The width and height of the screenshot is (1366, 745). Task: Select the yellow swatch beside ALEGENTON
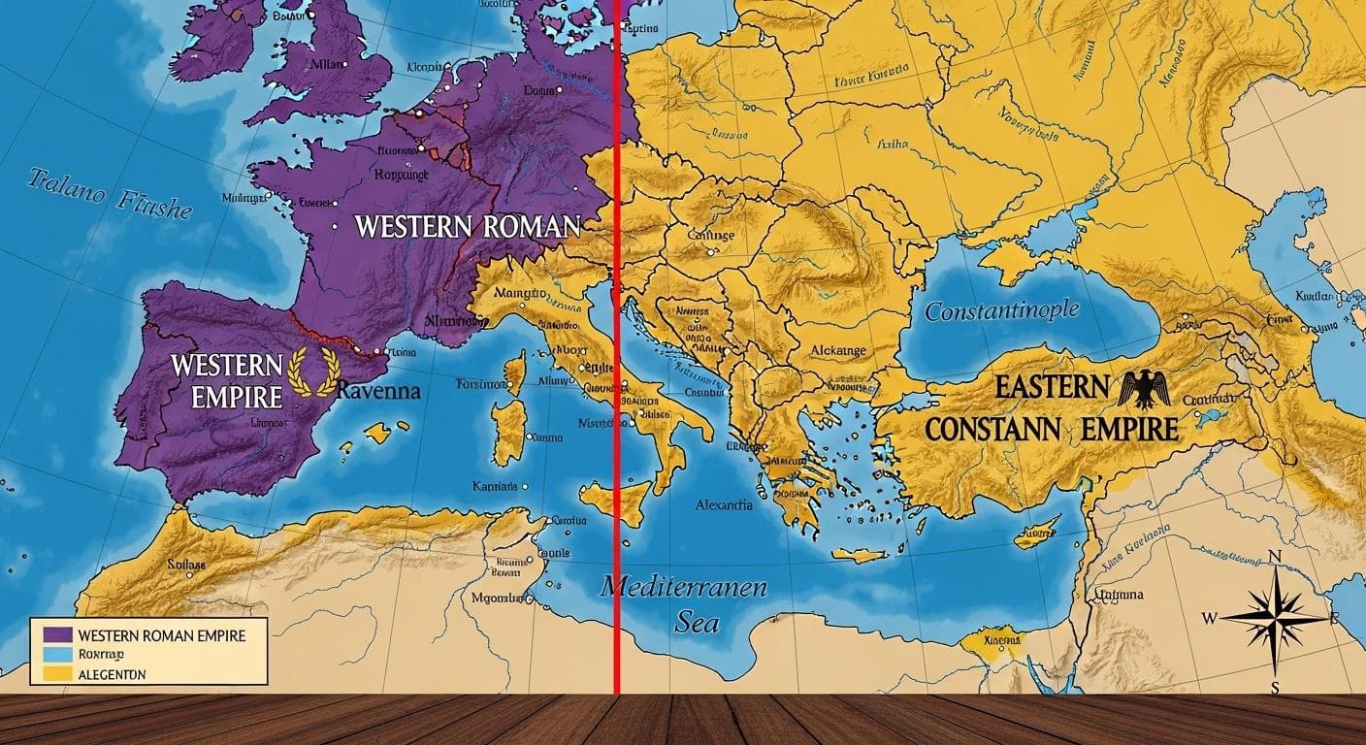pyautogui.click(x=58, y=673)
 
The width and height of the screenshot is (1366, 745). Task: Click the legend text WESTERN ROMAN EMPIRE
pyautogui.click(x=161, y=635)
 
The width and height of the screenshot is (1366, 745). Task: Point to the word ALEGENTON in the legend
pyautogui.click(x=113, y=674)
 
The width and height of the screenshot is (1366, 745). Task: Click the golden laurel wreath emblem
pyautogui.click(x=313, y=372)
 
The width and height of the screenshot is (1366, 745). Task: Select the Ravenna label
pyautogui.click(x=379, y=392)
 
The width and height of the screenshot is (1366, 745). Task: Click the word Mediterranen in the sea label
pyautogui.click(x=683, y=588)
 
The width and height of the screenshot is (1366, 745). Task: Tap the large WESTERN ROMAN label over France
pyautogui.click(x=468, y=227)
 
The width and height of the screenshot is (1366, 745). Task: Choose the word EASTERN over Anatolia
pyautogui.click(x=1052, y=388)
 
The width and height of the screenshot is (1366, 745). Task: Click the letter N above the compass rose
pyautogui.click(x=1276, y=556)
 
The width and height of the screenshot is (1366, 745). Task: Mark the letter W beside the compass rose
pyautogui.click(x=1210, y=618)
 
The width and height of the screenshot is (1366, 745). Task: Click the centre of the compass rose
pyautogui.click(x=1274, y=618)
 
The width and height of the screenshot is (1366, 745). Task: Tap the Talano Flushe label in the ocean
pyautogui.click(x=109, y=194)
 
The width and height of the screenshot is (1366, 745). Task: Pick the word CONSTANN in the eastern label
pyautogui.click(x=983, y=429)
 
